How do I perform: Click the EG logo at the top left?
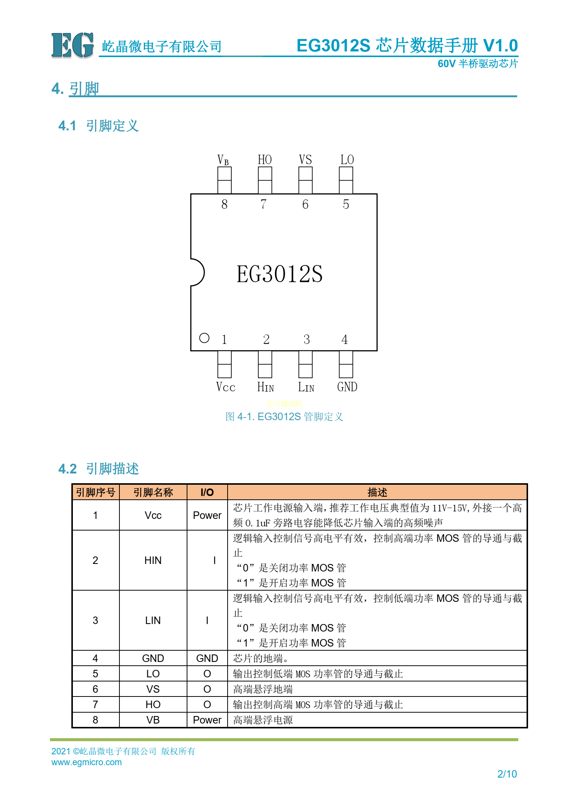(72, 45)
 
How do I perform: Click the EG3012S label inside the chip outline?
(279, 274)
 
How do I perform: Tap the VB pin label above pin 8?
(223, 160)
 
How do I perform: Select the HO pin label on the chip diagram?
(265, 160)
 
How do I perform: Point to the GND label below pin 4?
(347, 387)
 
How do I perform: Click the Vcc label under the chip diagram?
(226, 387)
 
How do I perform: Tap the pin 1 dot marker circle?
(204, 338)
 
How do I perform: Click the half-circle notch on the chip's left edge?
(198, 272)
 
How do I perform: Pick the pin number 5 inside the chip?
(346, 204)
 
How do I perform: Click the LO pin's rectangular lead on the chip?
(346, 180)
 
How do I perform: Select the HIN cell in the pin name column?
(153, 560)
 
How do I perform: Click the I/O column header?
(207, 492)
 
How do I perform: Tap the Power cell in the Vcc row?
(207, 515)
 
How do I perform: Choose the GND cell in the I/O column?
(207, 658)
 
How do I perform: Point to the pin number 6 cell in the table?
(95, 689)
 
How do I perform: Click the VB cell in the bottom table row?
(153, 720)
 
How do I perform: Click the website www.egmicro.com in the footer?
(86, 762)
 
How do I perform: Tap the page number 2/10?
(507, 774)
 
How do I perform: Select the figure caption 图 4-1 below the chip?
(284, 416)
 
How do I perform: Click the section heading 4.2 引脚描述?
(99, 469)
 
